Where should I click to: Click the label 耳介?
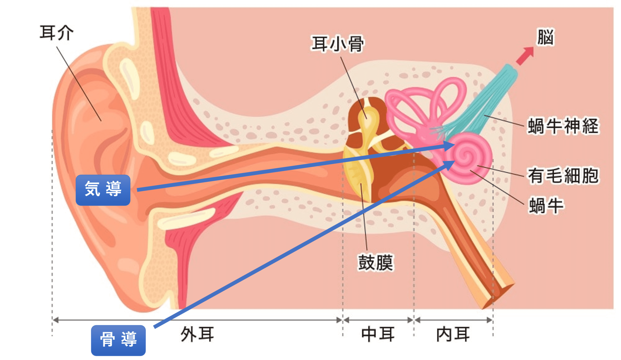[57, 33]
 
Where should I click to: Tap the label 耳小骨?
[338, 44]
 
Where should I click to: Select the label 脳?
[546, 37]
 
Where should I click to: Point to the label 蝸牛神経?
[563, 126]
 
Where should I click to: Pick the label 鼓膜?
[376, 263]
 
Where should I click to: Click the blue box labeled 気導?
[103, 190]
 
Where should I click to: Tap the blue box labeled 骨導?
[118, 340]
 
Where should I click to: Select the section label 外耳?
[197, 335]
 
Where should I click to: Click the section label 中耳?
[378, 335]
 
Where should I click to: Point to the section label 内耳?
[453, 335]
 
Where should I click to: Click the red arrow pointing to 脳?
[525, 56]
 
